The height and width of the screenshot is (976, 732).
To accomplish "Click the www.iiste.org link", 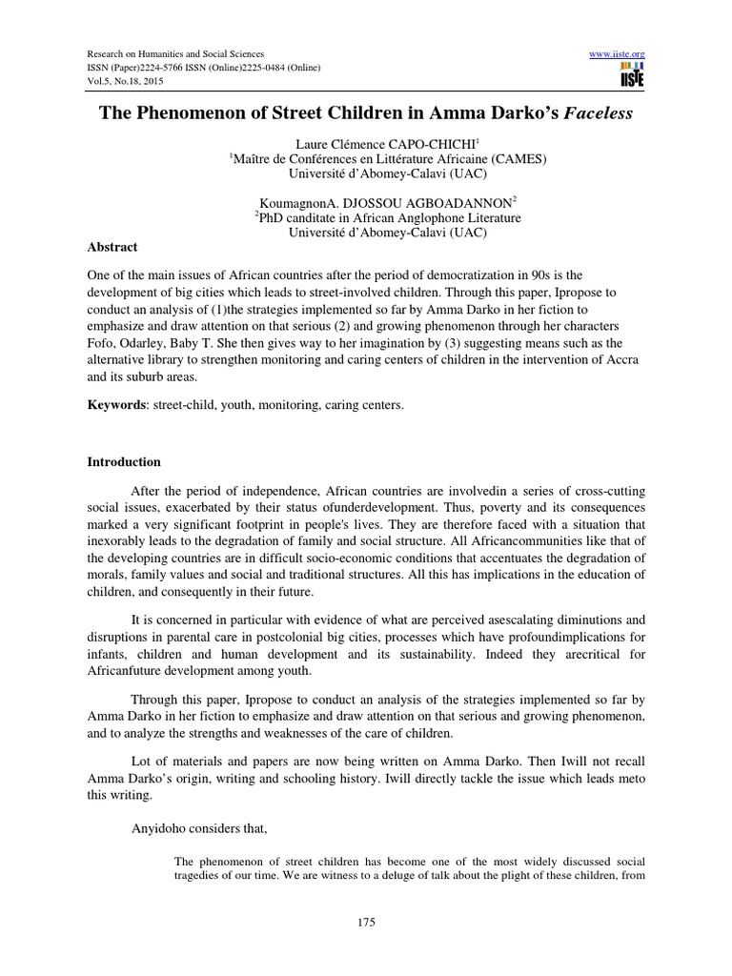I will click(x=620, y=54).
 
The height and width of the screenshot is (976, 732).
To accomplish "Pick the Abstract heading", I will click(x=112, y=247).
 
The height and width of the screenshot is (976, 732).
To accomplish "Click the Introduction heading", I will click(x=124, y=462).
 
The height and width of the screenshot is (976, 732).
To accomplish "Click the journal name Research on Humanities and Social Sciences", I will click(x=175, y=54).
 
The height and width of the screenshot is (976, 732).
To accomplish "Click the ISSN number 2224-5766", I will click(x=179, y=67).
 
